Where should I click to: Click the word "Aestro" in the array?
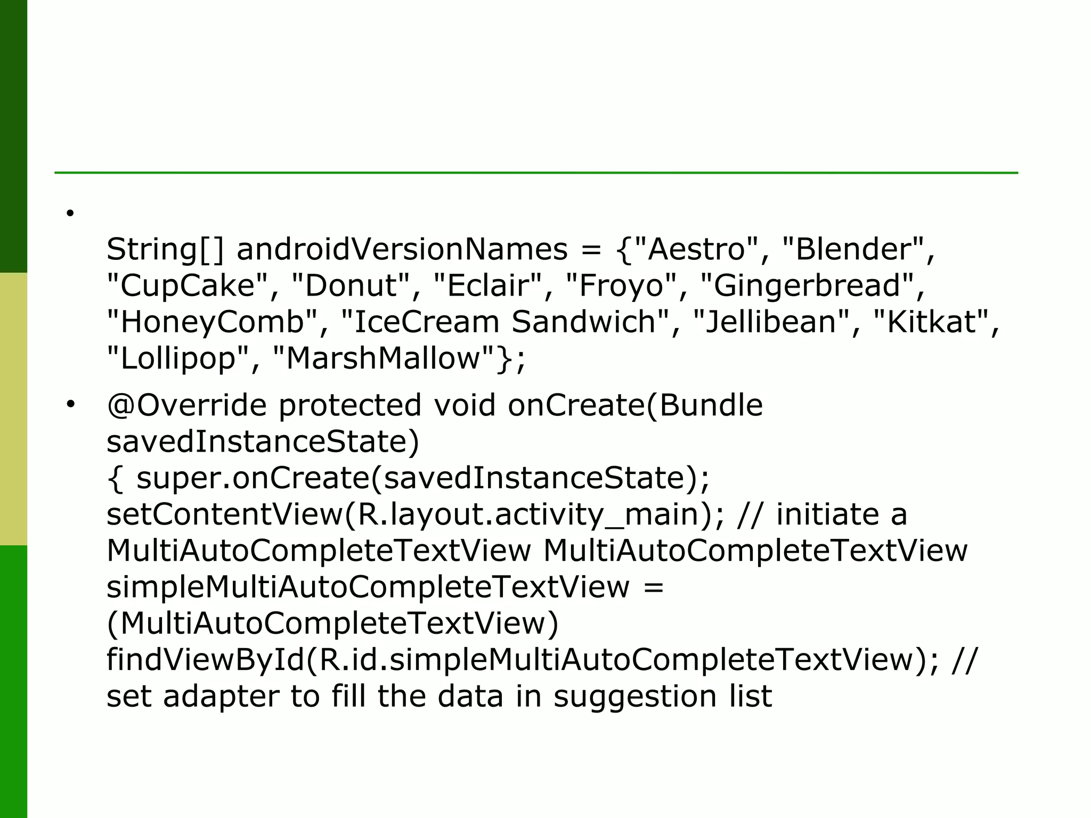pos(696,249)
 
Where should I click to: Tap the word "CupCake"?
pos(188,285)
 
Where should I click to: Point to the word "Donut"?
pos(352,285)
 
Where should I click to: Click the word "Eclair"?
pos(488,285)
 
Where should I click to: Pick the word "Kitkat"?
pos(931,322)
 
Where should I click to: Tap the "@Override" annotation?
pos(186,405)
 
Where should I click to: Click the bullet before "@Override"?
pos(70,405)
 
